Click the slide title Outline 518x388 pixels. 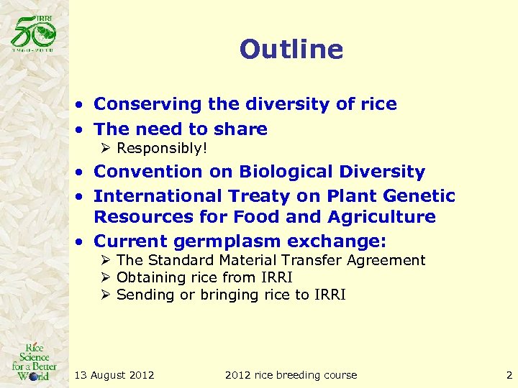[x=291, y=50]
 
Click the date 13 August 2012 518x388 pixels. [x=114, y=374]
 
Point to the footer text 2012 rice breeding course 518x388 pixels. [x=291, y=374]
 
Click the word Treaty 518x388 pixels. [x=260, y=195]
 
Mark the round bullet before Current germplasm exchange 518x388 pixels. [x=83, y=241]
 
